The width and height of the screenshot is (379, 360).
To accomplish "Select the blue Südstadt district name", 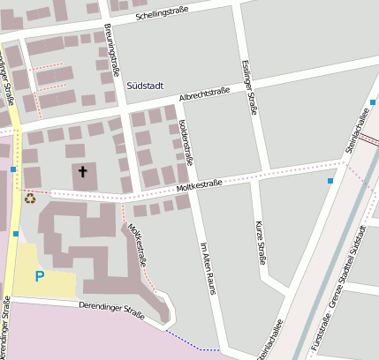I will [146, 86].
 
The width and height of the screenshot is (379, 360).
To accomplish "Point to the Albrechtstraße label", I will [204, 94].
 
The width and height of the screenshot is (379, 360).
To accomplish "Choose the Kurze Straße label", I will [260, 243].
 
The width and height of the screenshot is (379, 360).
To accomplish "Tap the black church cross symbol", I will [83, 171].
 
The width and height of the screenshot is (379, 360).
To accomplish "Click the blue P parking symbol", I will [39, 276].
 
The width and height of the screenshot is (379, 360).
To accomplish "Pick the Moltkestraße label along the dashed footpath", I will [137, 246].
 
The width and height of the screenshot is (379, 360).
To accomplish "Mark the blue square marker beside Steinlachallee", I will [330, 181].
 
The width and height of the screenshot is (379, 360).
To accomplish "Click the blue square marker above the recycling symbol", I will [14, 169].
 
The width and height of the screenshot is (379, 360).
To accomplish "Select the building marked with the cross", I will [88, 177].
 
